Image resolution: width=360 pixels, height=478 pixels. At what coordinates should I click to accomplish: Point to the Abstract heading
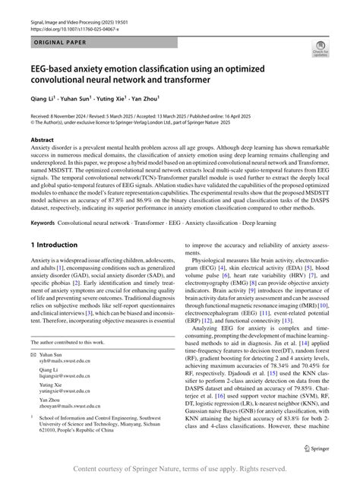point(43,141)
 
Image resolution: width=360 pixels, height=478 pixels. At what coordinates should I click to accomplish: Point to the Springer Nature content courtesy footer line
point(180,469)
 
